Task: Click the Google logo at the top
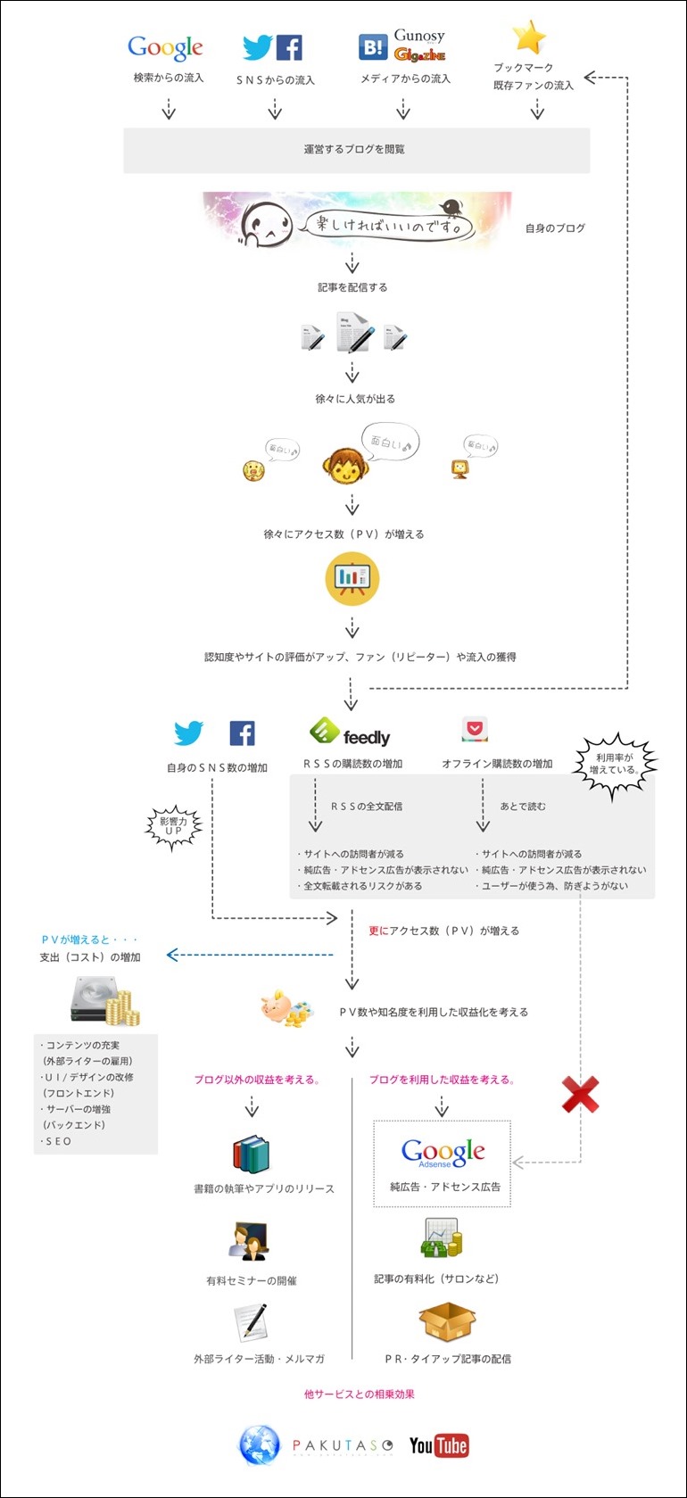click(x=165, y=47)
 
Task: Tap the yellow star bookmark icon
click(x=529, y=38)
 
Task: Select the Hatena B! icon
click(x=372, y=47)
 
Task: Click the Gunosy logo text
click(x=419, y=36)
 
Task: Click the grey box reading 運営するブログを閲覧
click(x=356, y=150)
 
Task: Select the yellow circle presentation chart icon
click(x=352, y=578)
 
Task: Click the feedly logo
click(x=350, y=733)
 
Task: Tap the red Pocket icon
click(x=475, y=729)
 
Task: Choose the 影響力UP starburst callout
click(x=174, y=826)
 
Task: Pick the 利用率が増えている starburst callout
click(x=615, y=764)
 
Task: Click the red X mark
click(x=580, y=1095)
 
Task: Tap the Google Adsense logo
click(x=443, y=1153)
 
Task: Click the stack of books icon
click(x=251, y=1154)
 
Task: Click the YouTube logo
click(x=438, y=1445)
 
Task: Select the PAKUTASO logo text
click(x=343, y=1445)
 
